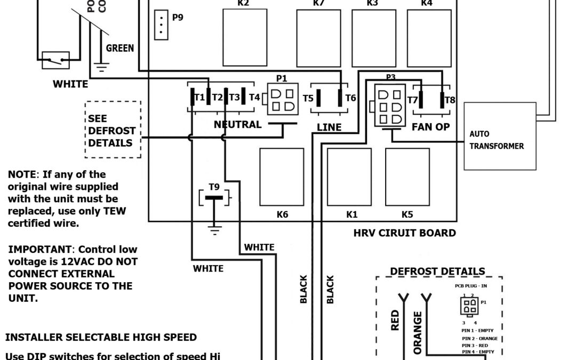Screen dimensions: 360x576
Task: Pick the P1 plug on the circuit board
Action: [x=282, y=99]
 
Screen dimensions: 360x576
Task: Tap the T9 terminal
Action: [x=214, y=198]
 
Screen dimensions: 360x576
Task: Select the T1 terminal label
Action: [x=199, y=98]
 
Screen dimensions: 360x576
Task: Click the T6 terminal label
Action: [x=350, y=98]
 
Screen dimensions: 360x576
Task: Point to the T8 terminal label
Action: [x=450, y=100]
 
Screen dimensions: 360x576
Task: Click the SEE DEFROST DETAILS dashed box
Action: [x=113, y=129]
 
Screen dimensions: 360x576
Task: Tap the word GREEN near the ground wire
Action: [x=120, y=49]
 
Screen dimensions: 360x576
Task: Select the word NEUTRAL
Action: [x=237, y=124]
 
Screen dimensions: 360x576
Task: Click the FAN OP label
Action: [x=430, y=127]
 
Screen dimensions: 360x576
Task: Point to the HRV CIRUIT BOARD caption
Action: [x=405, y=233]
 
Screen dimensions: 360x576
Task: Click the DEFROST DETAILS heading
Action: [x=437, y=271]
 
